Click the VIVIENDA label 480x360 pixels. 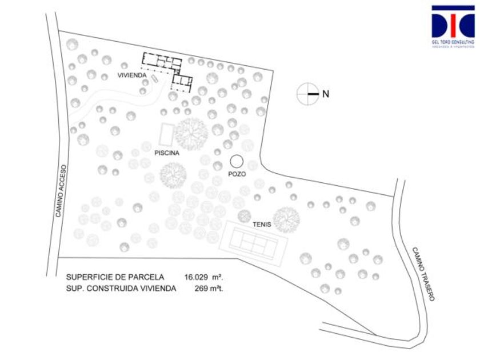point(133,75)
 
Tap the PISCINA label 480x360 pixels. point(167,153)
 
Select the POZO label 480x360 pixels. point(237,174)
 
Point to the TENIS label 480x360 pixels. point(262,225)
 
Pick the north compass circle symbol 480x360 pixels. point(308,94)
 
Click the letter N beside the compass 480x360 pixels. point(326,94)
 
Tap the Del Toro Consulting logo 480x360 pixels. point(453,26)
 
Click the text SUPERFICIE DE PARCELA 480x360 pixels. point(115,277)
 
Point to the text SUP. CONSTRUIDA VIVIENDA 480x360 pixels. point(121,289)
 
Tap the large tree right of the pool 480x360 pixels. point(191,133)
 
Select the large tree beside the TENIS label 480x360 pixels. point(286,219)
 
